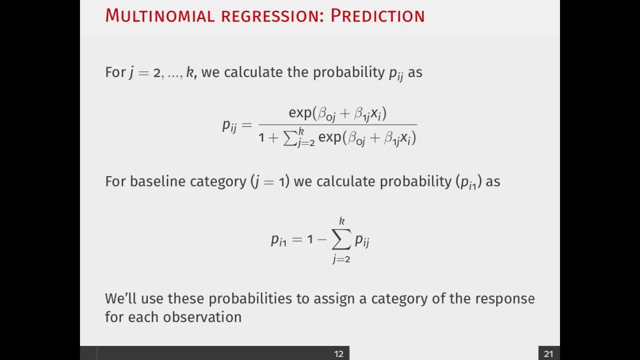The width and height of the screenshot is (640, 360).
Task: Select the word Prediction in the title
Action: [x=377, y=15]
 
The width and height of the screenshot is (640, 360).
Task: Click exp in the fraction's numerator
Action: [x=300, y=113]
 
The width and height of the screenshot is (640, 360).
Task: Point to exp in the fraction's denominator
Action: [x=329, y=137]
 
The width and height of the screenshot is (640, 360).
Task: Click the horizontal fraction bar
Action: [x=337, y=125]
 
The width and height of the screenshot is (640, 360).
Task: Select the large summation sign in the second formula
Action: [x=341, y=240]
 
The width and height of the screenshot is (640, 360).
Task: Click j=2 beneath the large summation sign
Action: [x=341, y=259]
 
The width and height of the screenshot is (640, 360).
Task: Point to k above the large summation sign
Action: [x=342, y=221]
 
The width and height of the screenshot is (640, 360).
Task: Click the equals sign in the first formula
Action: [x=246, y=125]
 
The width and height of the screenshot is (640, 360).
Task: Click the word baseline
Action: [x=158, y=181]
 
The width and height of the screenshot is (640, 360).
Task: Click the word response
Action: [x=504, y=299]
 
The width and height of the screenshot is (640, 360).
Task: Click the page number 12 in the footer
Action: [x=338, y=354]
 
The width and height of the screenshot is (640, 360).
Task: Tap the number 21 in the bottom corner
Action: [x=548, y=354]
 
